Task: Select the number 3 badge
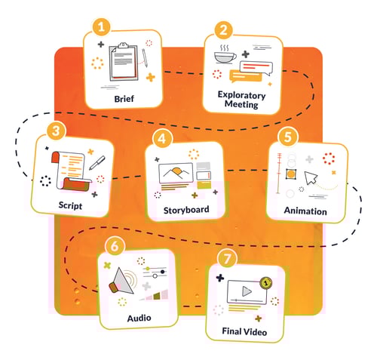[55, 131]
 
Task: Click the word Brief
[124, 98]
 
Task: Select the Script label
[72, 204]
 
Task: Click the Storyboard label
[185, 209]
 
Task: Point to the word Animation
[306, 211]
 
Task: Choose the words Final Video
[245, 330]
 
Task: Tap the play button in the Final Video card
[245, 291]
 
